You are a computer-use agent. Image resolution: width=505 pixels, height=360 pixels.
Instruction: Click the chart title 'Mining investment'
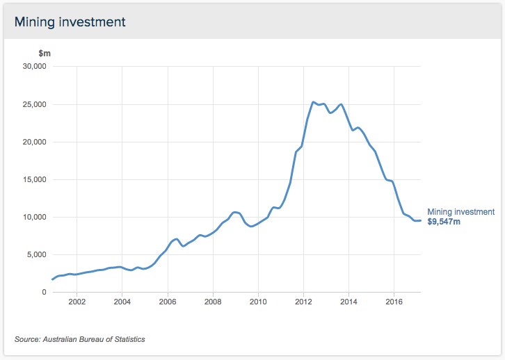pyautogui.click(x=70, y=22)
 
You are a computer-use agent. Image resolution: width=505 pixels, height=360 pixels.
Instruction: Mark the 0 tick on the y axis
pyautogui.click(x=43, y=292)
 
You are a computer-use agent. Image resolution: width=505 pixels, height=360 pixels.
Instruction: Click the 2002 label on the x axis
pyautogui.click(x=77, y=302)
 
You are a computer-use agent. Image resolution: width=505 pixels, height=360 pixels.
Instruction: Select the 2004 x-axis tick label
pyautogui.click(x=122, y=302)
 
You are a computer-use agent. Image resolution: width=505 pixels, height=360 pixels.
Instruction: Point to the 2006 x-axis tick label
pyautogui.click(x=168, y=302)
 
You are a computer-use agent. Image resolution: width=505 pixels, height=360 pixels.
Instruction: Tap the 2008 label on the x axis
pyautogui.click(x=213, y=302)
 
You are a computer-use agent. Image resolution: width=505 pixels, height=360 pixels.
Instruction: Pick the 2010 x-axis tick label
pyautogui.click(x=258, y=302)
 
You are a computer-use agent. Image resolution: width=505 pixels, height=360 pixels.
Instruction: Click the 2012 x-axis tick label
pyautogui.click(x=303, y=302)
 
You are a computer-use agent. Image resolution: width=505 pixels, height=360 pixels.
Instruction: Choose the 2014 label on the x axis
pyautogui.click(x=348, y=302)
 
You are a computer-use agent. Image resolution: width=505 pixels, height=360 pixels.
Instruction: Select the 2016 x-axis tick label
pyautogui.click(x=394, y=302)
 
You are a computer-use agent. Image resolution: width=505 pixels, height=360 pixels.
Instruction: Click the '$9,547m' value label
pyautogui.click(x=444, y=222)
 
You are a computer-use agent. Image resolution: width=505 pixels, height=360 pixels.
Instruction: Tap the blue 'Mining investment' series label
pyautogui.click(x=460, y=212)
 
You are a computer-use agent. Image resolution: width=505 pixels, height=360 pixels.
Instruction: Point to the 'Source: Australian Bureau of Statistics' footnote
pyautogui.click(x=80, y=339)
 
